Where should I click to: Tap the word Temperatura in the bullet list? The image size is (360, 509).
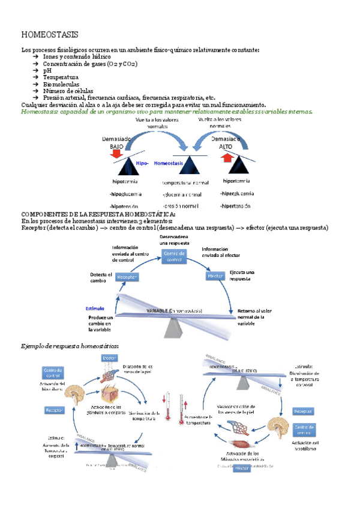pos(61,77)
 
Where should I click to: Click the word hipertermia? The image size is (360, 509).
pos(236,180)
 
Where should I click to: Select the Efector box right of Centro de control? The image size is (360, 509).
pos(215,276)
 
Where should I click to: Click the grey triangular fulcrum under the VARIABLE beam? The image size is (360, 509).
pos(175,328)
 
